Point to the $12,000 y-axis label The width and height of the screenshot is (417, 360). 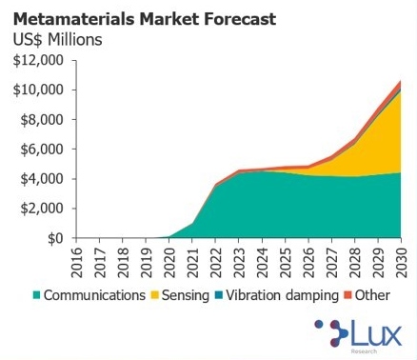point(37,60)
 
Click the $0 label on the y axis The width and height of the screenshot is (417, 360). point(53,238)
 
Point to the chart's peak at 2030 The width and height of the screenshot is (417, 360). point(401,81)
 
